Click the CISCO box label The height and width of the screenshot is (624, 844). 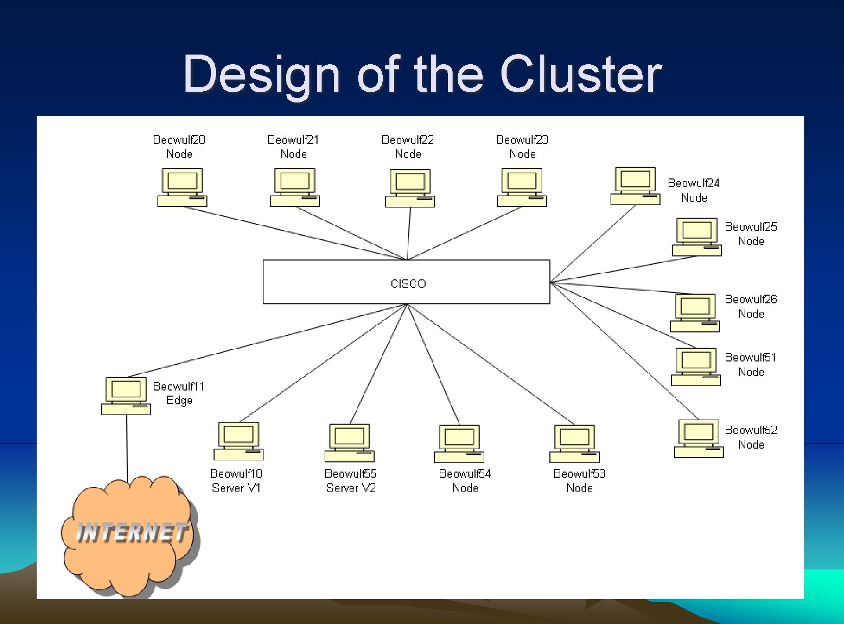point(408,283)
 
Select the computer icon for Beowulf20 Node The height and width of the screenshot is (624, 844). point(182,187)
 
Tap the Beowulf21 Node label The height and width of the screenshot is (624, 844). point(294,147)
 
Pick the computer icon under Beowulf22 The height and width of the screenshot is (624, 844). point(410,188)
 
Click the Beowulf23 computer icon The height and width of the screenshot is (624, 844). point(521,187)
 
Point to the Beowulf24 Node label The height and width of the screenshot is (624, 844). point(694,190)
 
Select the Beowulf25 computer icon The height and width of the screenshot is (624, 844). point(697,237)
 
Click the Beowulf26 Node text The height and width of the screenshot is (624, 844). point(751,306)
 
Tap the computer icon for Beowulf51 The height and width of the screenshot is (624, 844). point(696,366)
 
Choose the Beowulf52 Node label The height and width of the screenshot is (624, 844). point(751,437)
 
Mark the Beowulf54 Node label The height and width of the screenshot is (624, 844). point(465,481)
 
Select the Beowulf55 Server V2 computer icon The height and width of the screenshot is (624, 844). point(349,443)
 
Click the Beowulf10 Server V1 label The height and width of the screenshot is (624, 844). point(236,481)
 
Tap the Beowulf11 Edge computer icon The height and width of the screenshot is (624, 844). point(126,396)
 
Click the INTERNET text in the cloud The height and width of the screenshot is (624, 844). point(131,533)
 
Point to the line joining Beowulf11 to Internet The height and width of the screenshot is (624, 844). point(127,449)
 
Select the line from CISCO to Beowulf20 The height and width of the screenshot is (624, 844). point(296,233)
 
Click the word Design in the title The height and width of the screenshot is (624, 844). point(261,74)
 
